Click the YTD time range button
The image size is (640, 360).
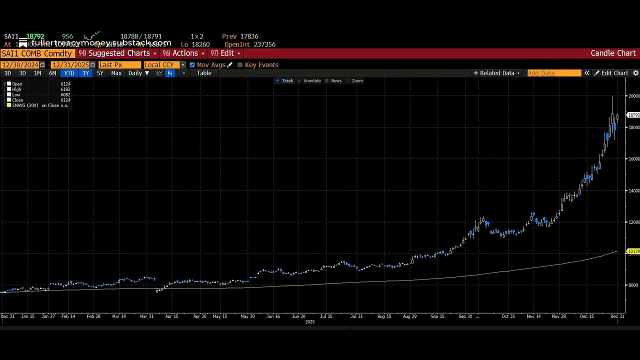[x=69, y=73]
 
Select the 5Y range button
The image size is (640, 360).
[x=100, y=73]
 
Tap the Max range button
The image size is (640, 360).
[x=116, y=73]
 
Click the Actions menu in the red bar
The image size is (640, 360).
[x=185, y=53]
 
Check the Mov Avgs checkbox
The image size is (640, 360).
[x=192, y=65]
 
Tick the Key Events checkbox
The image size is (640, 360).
[x=240, y=65]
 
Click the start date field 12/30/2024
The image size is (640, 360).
[x=20, y=65]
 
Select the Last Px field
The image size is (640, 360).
[x=119, y=65]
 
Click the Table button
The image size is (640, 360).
[x=204, y=73]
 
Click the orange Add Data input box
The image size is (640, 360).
[x=554, y=73]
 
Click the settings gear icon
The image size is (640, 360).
[x=635, y=73]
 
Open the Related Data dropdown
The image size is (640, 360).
[x=497, y=73]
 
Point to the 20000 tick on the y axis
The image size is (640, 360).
[x=633, y=96]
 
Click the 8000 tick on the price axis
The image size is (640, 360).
[x=633, y=285]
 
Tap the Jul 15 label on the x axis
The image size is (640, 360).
[x=326, y=316]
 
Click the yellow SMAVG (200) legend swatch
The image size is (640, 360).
[x=9, y=105]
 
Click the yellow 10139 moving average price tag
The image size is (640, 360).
[x=633, y=251]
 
